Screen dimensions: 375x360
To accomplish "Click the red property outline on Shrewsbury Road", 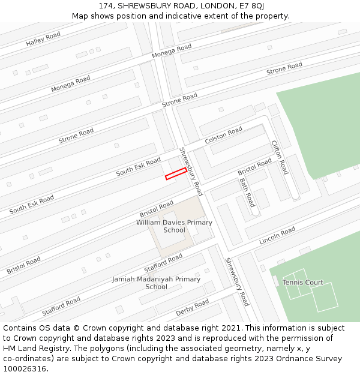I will pos(176,173).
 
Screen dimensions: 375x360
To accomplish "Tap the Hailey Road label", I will pos(43,40).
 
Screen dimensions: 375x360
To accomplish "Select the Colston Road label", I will pos(223,135).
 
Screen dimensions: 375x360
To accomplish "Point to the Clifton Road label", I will pos(280,157).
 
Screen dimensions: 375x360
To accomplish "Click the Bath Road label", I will pos(247,192).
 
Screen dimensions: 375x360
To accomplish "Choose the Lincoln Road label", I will pos(277,236).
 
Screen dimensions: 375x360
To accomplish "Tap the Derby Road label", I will pos(192,308).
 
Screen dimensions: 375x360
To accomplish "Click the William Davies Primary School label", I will pos(174,226).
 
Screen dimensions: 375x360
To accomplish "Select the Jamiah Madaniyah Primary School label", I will pos(156,283).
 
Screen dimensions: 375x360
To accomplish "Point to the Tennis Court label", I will pos(302,283).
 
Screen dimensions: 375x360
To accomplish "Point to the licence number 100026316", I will pos(26,369).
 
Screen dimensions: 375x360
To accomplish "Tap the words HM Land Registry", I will pos(35,349).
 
